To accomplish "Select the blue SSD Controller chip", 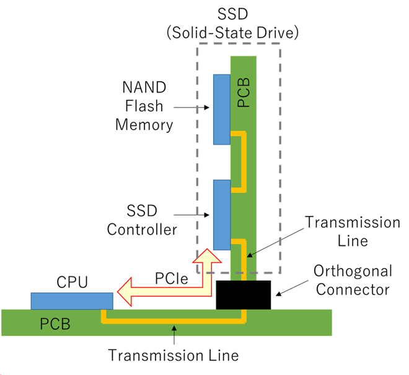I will coord(221,214).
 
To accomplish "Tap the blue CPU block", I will coord(72,301).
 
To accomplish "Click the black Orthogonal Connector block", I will coord(244,295).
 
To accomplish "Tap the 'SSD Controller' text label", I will coord(142,220).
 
